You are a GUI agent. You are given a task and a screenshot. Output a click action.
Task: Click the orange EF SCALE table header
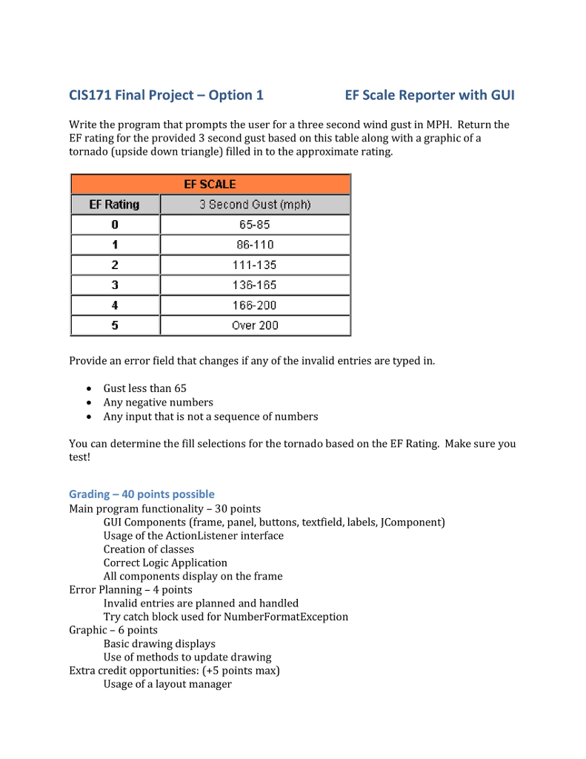click(x=210, y=184)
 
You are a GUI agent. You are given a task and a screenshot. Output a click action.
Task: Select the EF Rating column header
click(x=115, y=205)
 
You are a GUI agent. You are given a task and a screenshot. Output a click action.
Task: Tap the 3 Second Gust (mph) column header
click(x=255, y=205)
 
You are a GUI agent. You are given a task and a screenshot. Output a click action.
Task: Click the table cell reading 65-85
click(x=255, y=225)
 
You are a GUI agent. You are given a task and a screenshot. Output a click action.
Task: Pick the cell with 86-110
click(x=255, y=245)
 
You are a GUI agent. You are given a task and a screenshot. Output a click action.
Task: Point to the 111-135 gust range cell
click(x=255, y=265)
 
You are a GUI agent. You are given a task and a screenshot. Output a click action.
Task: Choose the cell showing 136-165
click(x=255, y=285)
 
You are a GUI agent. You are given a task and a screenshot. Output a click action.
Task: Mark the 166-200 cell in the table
click(x=255, y=305)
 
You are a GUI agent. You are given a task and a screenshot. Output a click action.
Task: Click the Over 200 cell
click(x=255, y=325)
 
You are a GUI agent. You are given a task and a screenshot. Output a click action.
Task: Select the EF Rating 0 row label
click(x=115, y=225)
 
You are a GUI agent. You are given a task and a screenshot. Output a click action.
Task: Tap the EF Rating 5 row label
click(x=115, y=325)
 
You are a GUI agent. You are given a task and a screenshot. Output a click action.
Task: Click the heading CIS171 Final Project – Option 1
click(x=166, y=95)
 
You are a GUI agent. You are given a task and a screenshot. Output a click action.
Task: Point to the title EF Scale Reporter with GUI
click(x=430, y=95)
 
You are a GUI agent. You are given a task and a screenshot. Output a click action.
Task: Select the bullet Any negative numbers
click(x=158, y=402)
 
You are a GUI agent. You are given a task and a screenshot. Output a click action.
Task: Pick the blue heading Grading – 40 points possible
click(x=141, y=494)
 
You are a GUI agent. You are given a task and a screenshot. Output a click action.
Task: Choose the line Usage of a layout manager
click(x=167, y=684)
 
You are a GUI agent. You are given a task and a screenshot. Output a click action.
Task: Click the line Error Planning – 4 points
click(x=130, y=590)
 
